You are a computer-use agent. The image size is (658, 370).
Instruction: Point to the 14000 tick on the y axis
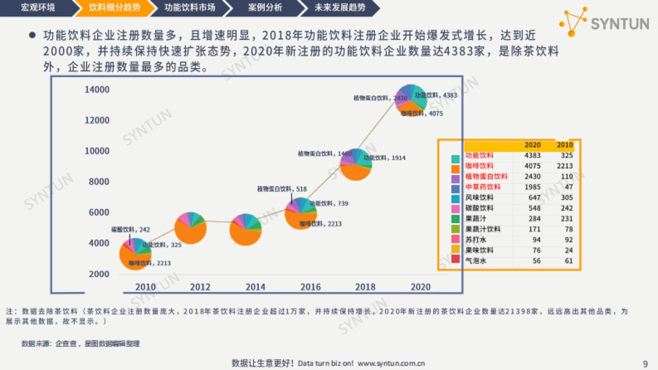coord(97,89)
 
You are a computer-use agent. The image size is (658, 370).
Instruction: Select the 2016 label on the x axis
coord(310,287)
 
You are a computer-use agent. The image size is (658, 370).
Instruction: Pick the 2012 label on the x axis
coord(200,287)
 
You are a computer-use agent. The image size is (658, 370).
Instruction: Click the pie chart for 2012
coord(191,227)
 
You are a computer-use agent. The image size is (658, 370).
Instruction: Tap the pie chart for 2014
coord(245,230)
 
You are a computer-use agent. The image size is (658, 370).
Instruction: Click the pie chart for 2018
coord(356,164)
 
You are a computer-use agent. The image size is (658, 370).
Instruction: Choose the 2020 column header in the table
coord(532,145)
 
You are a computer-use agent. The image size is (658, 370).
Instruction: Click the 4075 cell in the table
coord(532,166)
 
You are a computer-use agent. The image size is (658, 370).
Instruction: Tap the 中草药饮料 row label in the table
coord(483,187)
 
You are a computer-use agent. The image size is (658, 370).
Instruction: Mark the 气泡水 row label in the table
coord(476,261)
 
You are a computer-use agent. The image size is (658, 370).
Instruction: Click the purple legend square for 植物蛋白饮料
coord(455,177)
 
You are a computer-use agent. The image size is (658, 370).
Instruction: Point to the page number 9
coord(645,363)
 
